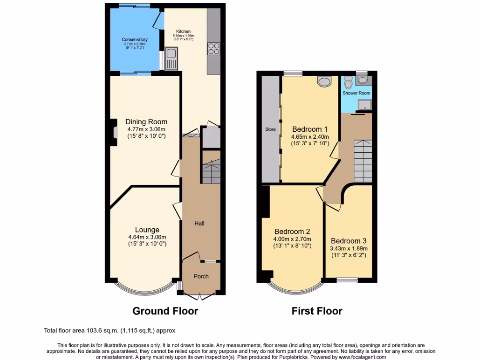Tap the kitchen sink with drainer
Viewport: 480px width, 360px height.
tap(171, 59)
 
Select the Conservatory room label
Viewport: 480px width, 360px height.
tap(135, 40)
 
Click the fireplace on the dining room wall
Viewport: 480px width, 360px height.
tap(114, 129)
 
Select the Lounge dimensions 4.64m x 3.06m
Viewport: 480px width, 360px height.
tap(147, 237)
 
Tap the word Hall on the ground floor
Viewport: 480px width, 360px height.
tap(200, 224)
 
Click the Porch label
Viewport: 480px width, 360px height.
tap(201, 276)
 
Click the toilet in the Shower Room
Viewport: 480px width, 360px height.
tap(347, 82)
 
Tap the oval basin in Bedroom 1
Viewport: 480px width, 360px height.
tap(323, 82)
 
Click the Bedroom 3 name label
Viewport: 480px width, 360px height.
tap(349, 241)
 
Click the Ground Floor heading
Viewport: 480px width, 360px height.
tap(165, 311)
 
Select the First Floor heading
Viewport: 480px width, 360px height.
tap(317, 311)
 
